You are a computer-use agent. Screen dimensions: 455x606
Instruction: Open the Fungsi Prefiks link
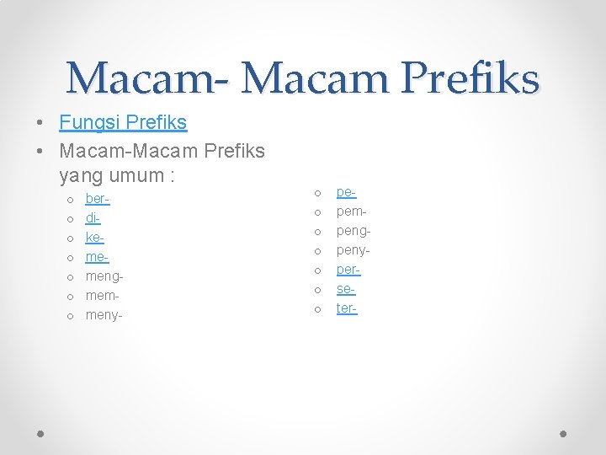(123, 122)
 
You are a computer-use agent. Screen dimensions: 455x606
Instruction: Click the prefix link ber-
(98, 200)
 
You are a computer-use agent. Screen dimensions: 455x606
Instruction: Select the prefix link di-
(93, 218)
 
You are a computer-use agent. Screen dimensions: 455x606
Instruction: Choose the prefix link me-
(97, 257)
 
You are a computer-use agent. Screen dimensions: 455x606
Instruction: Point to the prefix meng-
(104, 276)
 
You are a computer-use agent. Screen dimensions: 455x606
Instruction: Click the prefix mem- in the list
(102, 296)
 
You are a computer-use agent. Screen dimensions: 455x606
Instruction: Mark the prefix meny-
(104, 315)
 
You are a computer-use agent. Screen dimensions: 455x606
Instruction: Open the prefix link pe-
(346, 193)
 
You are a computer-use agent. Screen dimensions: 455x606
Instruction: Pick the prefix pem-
(352, 211)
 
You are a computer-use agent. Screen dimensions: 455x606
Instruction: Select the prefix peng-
(353, 231)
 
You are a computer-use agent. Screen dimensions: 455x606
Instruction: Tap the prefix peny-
(353, 250)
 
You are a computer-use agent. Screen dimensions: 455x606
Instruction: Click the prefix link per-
(348, 270)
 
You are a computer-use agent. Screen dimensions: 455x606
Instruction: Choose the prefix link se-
(346, 289)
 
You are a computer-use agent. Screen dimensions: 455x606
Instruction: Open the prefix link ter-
(347, 308)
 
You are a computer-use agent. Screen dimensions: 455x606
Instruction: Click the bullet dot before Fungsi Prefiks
(40, 123)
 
